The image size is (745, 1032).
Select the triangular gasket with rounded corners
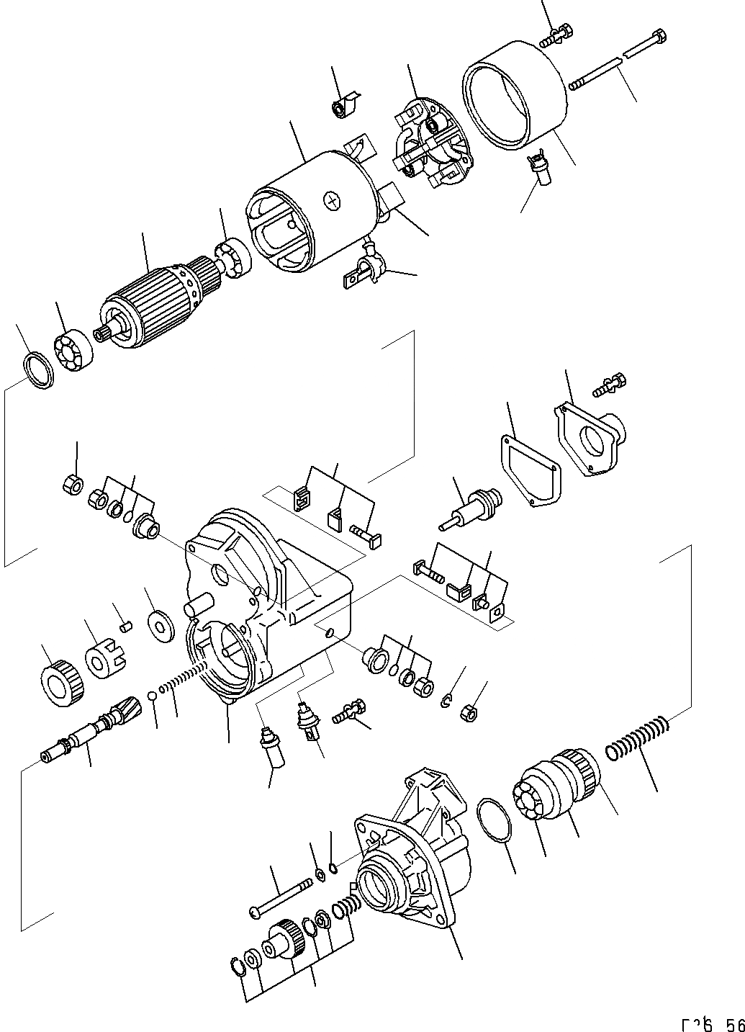(528, 470)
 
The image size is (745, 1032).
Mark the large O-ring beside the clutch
(493, 819)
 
